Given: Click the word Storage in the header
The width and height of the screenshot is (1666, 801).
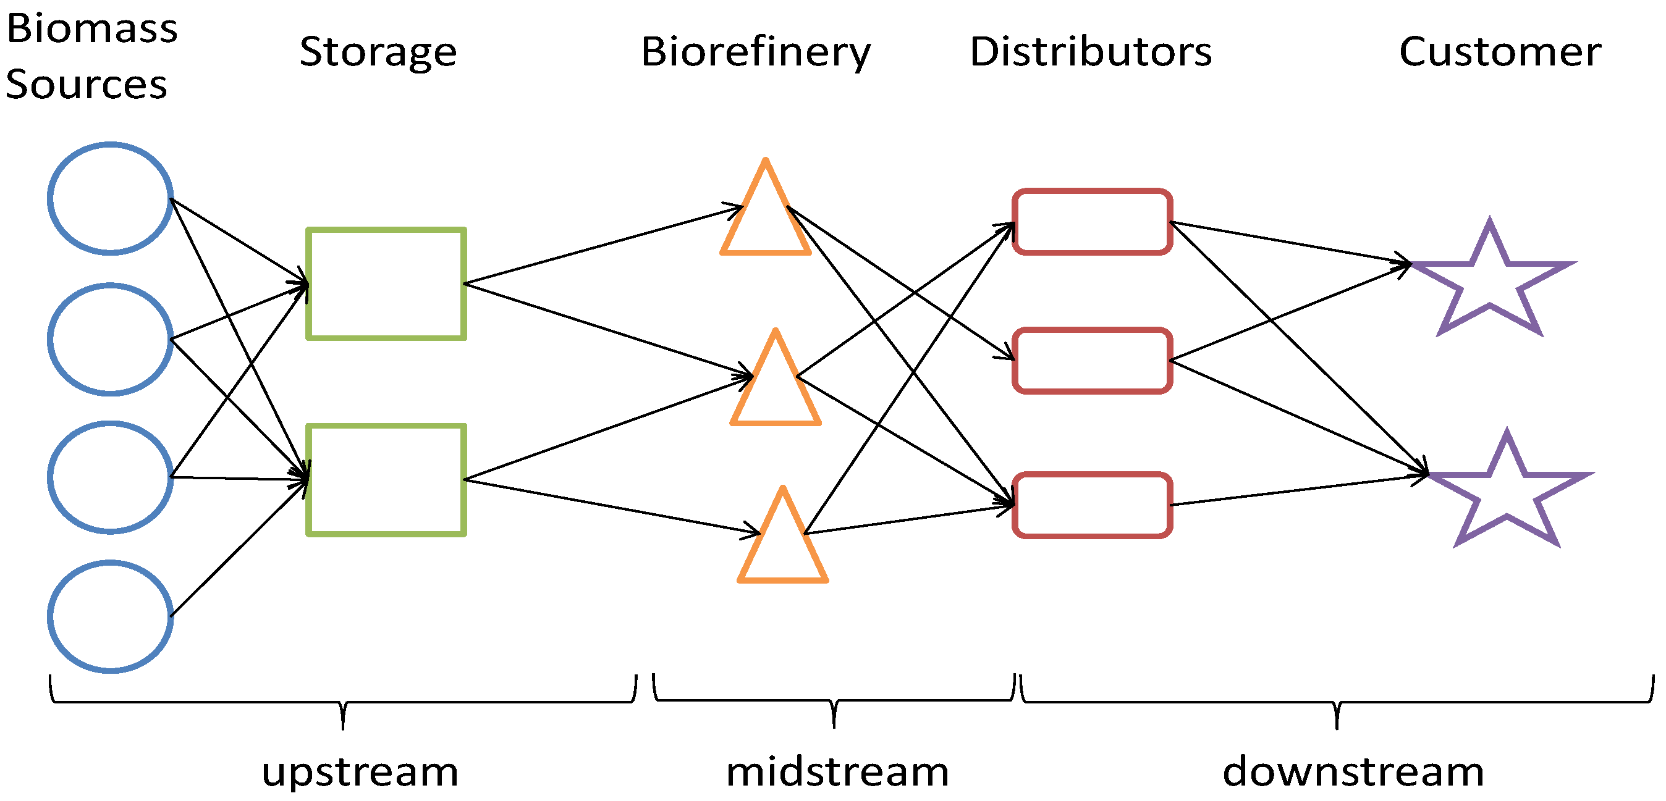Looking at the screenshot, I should coord(378,52).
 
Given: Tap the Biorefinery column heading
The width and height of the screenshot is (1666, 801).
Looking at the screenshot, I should coord(755,52).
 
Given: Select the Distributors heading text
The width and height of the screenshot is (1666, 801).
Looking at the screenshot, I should coord(1091,52).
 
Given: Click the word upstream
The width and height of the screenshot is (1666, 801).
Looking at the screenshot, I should coord(360,772).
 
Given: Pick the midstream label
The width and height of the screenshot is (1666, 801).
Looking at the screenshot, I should coord(837,772).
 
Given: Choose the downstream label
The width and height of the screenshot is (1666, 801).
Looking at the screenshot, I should coord(1353,772).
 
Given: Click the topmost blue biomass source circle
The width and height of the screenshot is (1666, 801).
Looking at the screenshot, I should coord(111,198).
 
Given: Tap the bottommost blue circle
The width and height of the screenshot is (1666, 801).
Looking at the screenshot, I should coord(111,617).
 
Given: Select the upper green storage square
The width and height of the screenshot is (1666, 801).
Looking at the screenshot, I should coord(386,284).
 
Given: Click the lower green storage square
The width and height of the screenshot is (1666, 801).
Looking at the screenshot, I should coord(386,480).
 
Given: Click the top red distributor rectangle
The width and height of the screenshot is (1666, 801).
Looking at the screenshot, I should coord(1093,222).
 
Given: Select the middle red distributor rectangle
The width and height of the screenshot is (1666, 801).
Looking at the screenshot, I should coord(1093,361).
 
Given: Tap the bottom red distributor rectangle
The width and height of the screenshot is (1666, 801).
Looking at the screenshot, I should coord(1093,505).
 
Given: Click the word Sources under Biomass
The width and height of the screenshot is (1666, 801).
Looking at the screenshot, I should coord(87,85).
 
